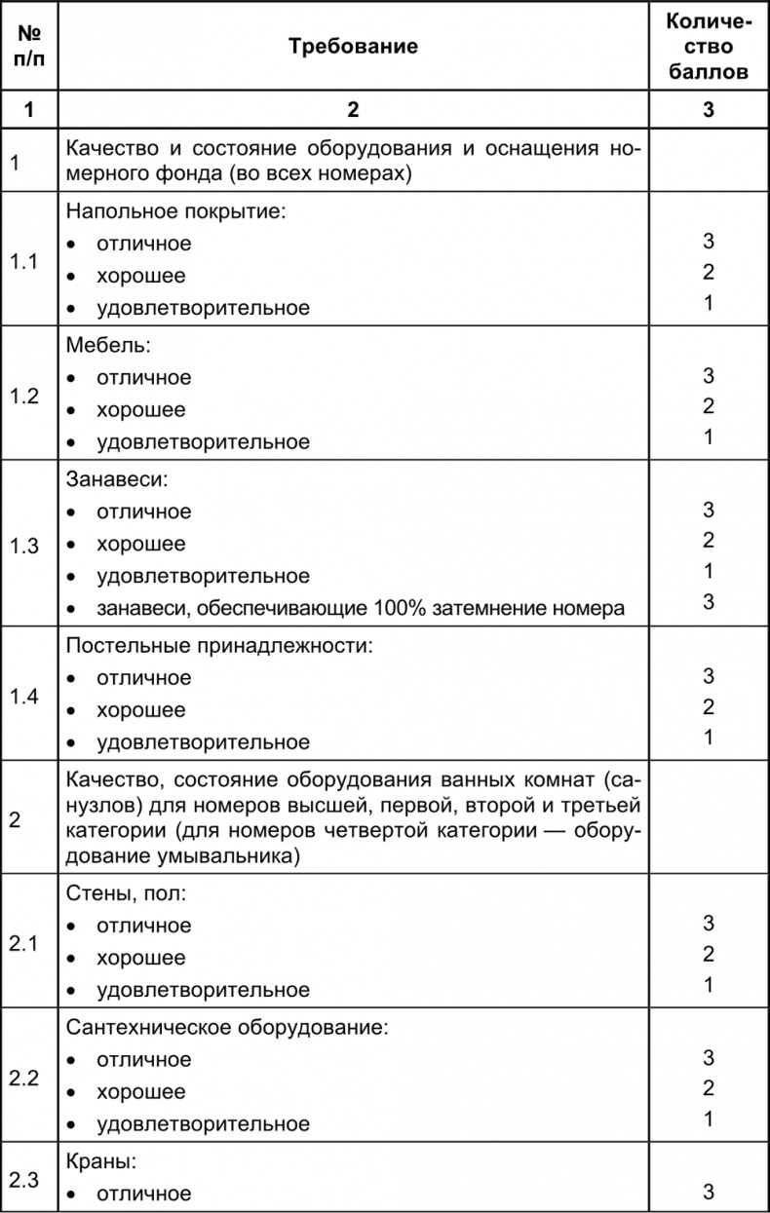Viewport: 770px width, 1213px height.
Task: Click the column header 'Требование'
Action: [353, 47]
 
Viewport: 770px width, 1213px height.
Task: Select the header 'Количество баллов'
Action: [708, 47]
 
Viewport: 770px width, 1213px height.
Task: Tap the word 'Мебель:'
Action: [100, 346]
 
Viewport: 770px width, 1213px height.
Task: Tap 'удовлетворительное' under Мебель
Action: [203, 442]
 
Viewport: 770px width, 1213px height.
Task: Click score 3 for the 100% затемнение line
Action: [709, 602]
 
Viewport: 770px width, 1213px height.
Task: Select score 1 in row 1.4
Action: [709, 737]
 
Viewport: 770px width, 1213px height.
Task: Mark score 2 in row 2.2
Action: [709, 1087]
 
